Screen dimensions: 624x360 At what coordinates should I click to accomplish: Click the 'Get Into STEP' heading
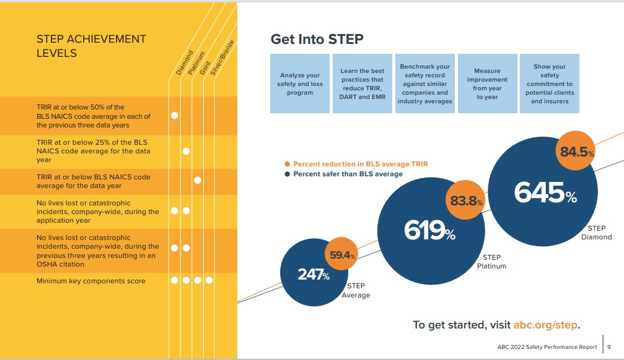pyautogui.click(x=317, y=39)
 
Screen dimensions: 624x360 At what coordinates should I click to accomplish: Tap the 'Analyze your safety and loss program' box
pyautogui.click(x=300, y=84)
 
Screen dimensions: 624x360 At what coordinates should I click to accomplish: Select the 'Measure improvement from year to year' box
pyautogui.click(x=487, y=84)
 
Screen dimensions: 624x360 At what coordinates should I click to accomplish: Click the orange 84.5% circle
pyautogui.click(x=576, y=150)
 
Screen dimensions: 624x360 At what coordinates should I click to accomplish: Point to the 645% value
pyautogui.click(x=545, y=193)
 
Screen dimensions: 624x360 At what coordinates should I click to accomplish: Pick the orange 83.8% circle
pyautogui.click(x=465, y=200)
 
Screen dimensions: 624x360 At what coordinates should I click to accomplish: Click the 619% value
pyautogui.click(x=430, y=231)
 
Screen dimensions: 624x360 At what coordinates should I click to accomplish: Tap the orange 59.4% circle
pyautogui.click(x=341, y=254)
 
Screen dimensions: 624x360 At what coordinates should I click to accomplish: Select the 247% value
pyautogui.click(x=314, y=274)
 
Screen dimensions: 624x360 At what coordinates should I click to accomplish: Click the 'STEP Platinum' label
pyautogui.click(x=491, y=262)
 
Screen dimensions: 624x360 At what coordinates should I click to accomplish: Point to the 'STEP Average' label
pyautogui.click(x=356, y=291)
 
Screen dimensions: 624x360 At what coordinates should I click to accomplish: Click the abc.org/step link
pyautogui.click(x=545, y=325)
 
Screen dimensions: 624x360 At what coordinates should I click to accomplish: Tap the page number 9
pyautogui.click(x=609, y=347)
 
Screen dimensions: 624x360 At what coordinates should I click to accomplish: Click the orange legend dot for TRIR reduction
pyautogui.click(x=288, y=164)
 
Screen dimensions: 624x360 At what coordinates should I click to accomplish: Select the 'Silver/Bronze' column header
pyautogui.click(x=222, y=58)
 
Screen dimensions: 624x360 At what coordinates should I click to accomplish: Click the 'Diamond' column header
pyautogui.click(x=185, y=62)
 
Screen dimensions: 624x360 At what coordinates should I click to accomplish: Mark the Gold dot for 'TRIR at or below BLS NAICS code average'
pyautogui.click(x=198, y=181)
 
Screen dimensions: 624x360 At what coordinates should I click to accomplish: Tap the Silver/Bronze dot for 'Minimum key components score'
pyautogui.click(x=209, y=280)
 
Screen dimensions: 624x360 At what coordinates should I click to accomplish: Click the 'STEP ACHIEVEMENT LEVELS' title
pyautogui.click(x=91, y=46)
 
